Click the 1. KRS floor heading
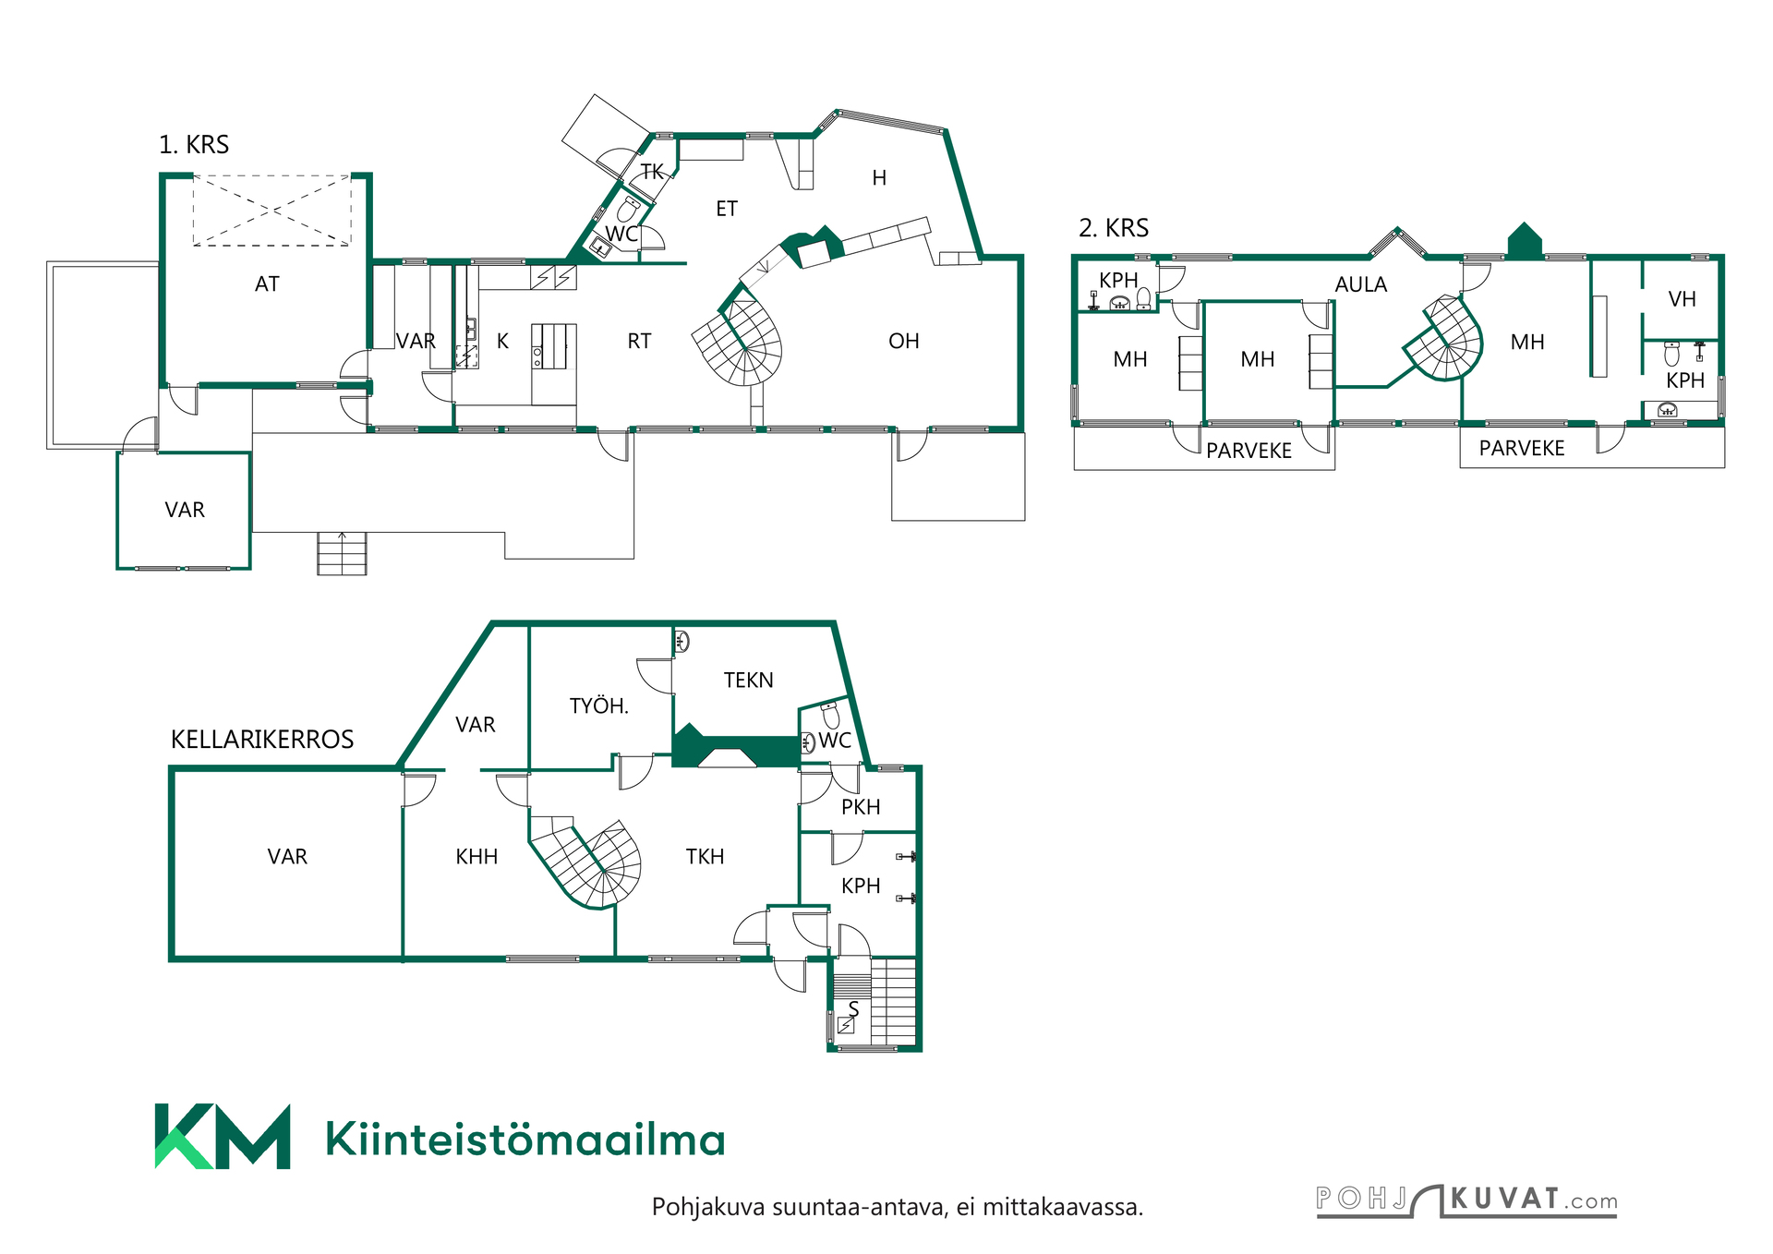pos(194,145)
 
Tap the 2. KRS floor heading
pos(1114,228)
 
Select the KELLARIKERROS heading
pos(262,740)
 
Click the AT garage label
pos(267,284)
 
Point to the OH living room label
pos(904,342)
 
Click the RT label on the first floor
pos(639,342)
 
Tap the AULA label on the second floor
pos(1361,284)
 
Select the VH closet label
pos(1683,299)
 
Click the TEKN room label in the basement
pos(749,681)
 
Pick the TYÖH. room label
pos(599,706)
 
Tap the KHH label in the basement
pos(476,857)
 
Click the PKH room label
pos(861,807)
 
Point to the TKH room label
pos(705,857)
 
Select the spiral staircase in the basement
pos(587,862)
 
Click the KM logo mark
pos(223,1137)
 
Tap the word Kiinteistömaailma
pos(525,1139)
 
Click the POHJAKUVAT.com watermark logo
pos(1466,1201)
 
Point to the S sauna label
pos(854,1009)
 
